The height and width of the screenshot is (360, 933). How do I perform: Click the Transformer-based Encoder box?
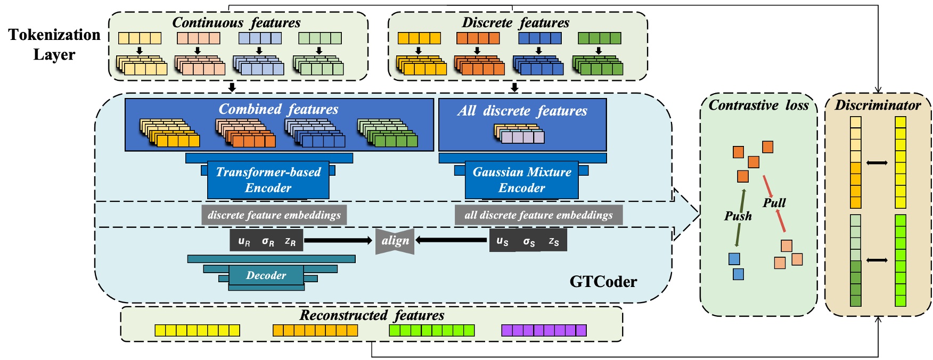pos(268,180)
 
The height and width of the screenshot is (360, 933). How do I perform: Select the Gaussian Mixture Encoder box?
pos(521,180)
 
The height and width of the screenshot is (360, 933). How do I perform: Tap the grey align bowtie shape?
pos(395,241)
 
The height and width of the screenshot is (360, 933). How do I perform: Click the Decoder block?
pos(266,275)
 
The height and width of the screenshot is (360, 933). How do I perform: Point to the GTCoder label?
pos(603,281)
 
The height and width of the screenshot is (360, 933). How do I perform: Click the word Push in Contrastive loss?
pos(738,216)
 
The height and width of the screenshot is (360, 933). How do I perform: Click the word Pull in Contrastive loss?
pos(774,203)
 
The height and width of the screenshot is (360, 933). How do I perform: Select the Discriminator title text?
pos(877,105)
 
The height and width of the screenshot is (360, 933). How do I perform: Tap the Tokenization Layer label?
pos(54,44)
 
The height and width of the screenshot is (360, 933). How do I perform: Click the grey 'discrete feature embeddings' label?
pos(274,215)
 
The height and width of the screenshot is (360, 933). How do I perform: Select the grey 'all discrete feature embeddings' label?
pos(538,215)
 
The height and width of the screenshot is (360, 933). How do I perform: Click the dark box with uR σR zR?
pos(267,241)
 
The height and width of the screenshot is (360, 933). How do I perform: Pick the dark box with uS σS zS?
pos(528,241)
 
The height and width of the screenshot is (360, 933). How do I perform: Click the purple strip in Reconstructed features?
pos(544,330)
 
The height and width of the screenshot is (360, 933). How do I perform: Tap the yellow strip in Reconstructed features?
pos(197,330)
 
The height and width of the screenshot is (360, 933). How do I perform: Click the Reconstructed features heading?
pos(372,315)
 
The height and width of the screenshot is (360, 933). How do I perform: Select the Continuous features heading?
pos(236,22)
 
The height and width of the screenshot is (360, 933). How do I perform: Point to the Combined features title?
pos(279,109)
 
